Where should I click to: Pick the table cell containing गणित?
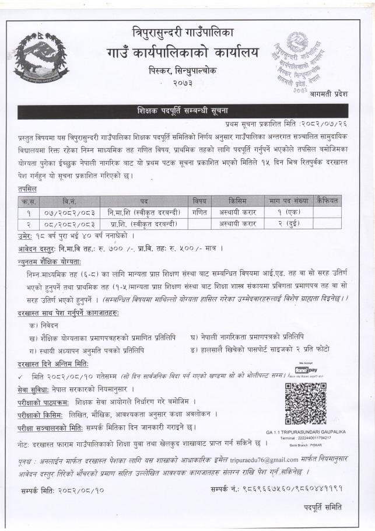199,212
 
